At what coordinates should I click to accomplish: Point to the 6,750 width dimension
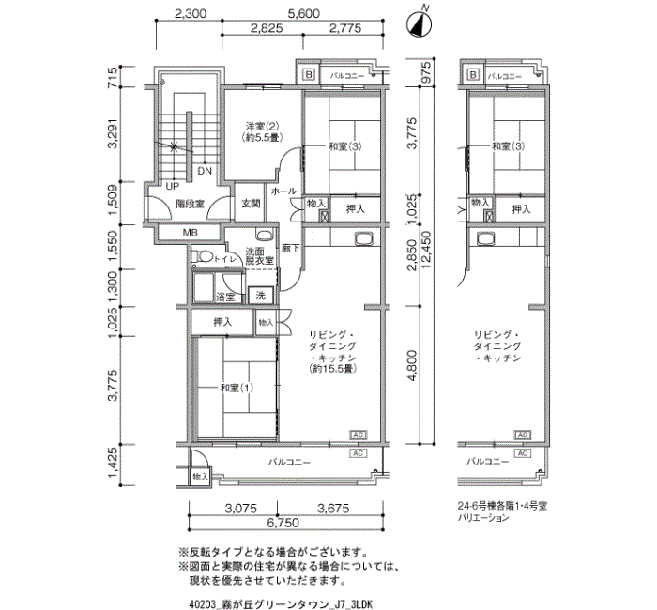(283, 522)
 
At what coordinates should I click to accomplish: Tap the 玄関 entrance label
(251, 204)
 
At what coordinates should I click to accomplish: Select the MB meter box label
(191, 233)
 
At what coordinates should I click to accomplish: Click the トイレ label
(224, 258)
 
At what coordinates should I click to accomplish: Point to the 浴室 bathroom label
(225, 297)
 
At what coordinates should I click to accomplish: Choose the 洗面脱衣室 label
(258, 255)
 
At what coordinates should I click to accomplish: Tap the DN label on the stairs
(204, 172)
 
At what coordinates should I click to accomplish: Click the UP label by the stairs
(173, 186)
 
